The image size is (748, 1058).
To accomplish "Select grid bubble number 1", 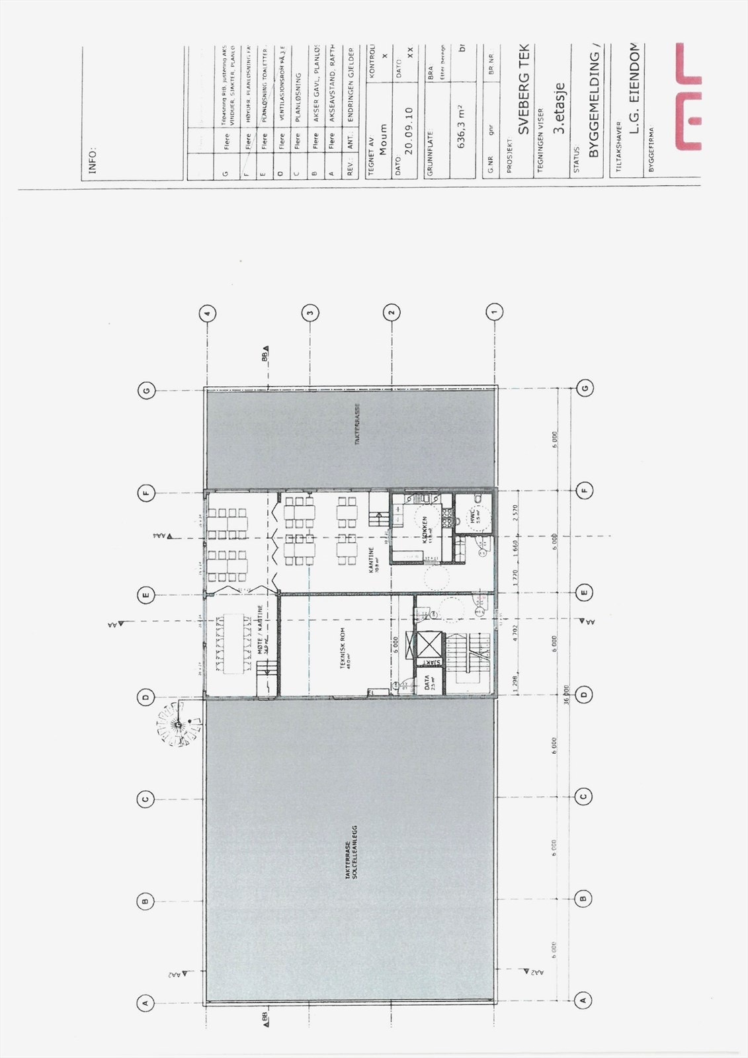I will coord(494,310).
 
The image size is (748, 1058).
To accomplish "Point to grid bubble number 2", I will coord(392,311).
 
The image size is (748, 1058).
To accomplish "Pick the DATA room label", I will coord(427,682).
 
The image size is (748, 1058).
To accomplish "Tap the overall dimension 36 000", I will coord(566,693).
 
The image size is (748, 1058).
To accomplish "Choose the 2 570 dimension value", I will coord(515,514).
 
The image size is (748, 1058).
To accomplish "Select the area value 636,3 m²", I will coord(461,126).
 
